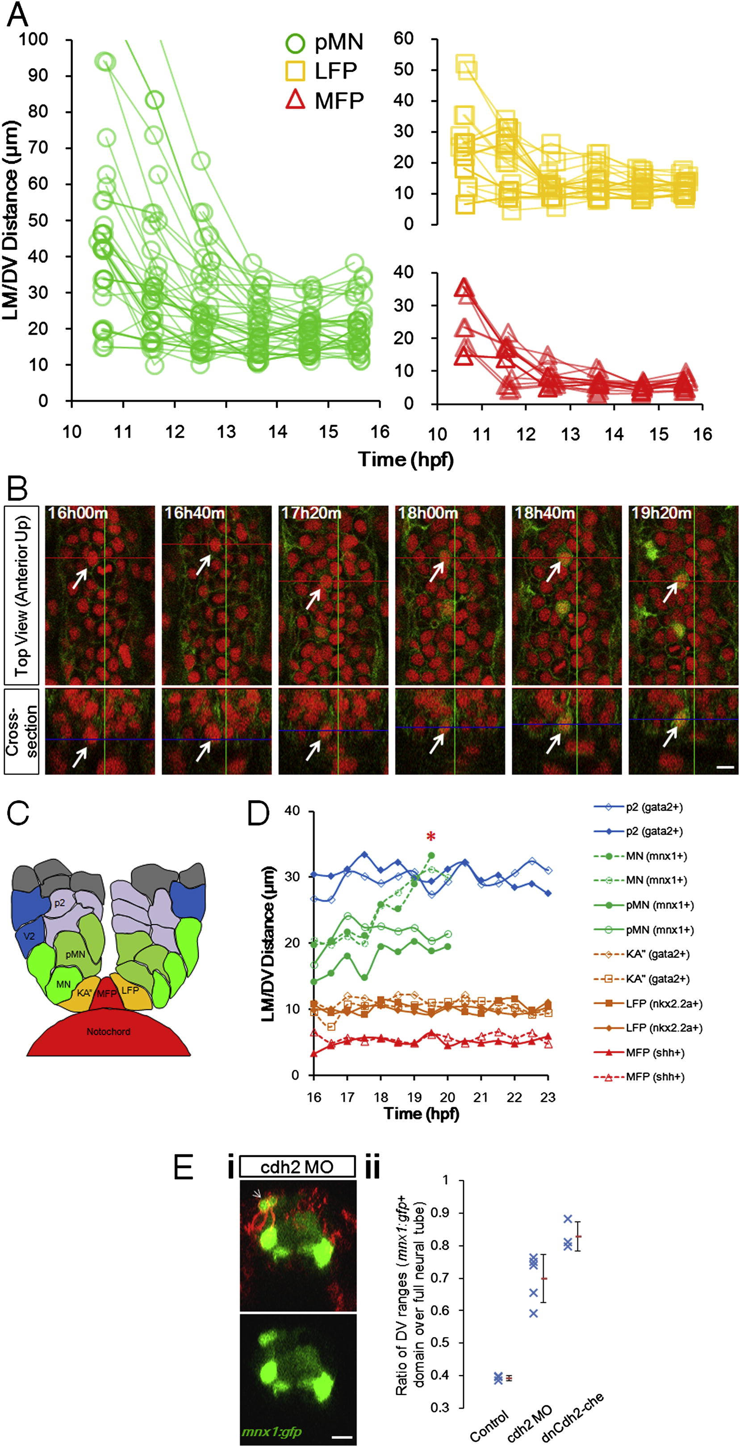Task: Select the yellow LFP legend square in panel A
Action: click(295, 71)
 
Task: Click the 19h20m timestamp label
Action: click(661, 513)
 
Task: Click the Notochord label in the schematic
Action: click(109, 1032)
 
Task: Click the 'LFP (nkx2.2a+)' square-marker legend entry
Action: click(648, 1003)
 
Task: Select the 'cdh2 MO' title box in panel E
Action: click(297, 1167)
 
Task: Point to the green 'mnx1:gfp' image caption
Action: click(272, 1431)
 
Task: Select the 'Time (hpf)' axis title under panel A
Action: click(406, 459)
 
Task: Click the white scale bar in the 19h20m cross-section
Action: click(725, 767)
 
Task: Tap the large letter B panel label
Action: click(18, 490)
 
